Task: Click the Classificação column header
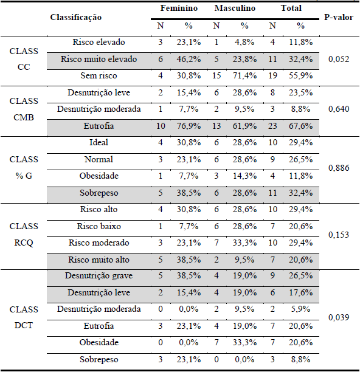(x=76, y=18)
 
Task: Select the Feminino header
(x=177, y=9)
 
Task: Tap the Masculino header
(x=235, y=9)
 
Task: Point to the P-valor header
(x=338, y=18)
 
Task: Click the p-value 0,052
(x=338, y=60)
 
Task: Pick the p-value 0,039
(x=338, y=317)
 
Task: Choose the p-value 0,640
(x=338, y=109)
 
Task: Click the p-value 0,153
(x=338, y=234)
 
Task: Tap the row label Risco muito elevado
(x=99, y=60)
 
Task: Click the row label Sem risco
(x=99, y=76)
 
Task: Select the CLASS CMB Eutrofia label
(x=99, y=126)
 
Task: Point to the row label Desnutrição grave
(x=99, y=276)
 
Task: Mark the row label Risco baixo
(x=99, y=226)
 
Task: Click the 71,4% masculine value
(x=244, y=76)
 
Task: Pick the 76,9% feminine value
(x=187, y=126)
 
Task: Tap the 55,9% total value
(x=300, y=76)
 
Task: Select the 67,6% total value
(x=300, y=126)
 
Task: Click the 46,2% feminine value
(x=187, y=60)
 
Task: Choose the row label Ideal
(x=99, y=142)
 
